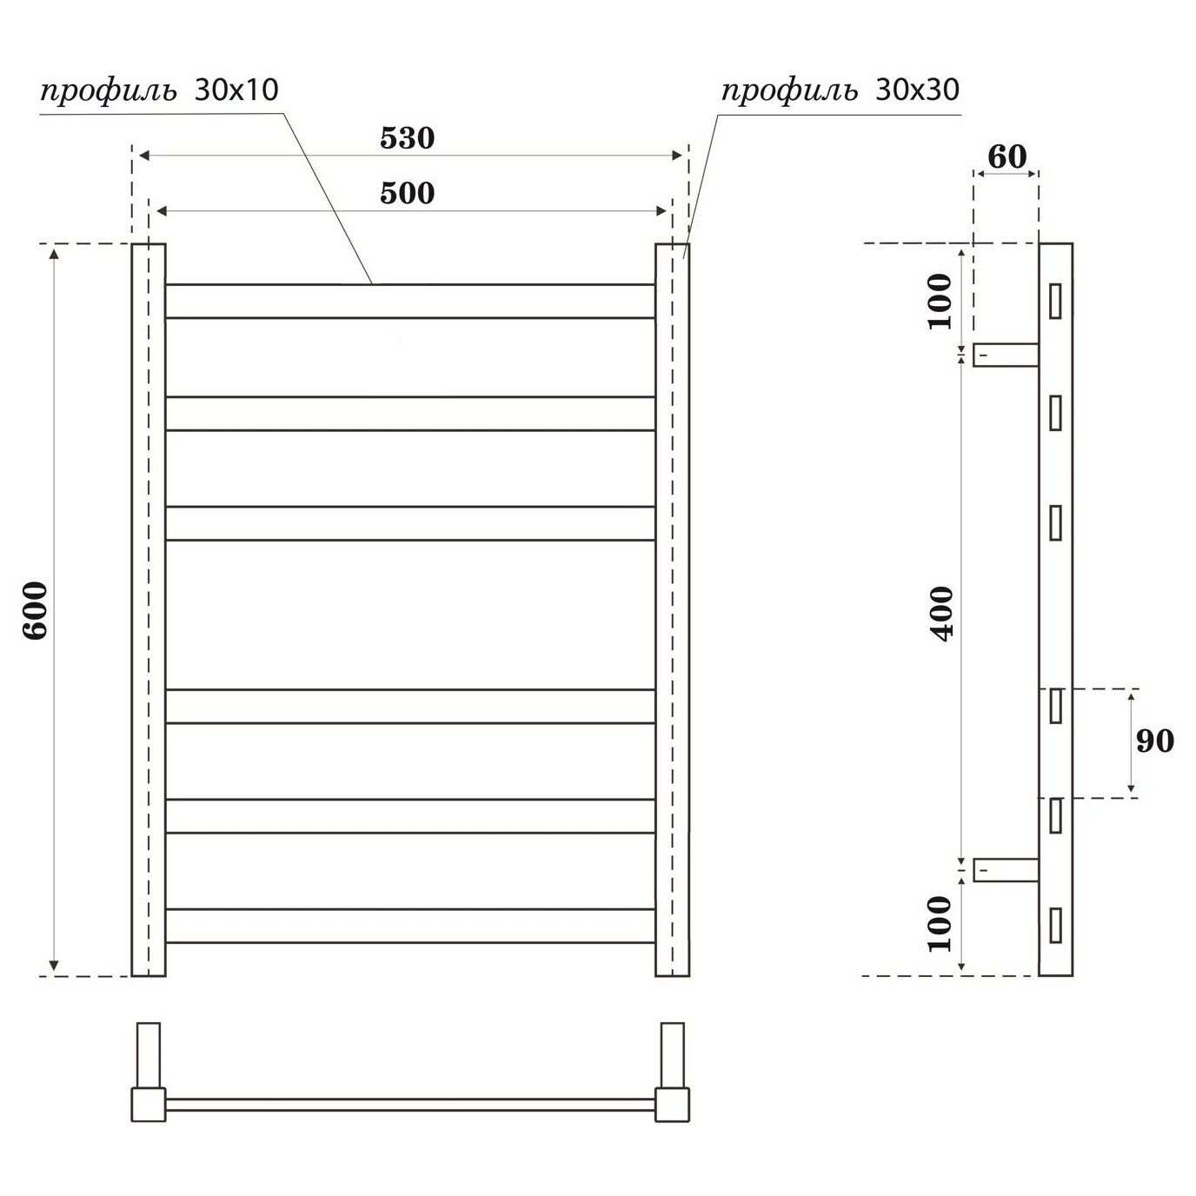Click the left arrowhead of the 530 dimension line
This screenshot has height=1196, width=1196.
coord(143,156)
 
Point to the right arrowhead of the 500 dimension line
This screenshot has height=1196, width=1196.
coord(661,211)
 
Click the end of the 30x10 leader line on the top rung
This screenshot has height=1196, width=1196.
coord(372,284)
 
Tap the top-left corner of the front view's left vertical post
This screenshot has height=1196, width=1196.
coord(131,244)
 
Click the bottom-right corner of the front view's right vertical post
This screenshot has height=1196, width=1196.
coord(689,976)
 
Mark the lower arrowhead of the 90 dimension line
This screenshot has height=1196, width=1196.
coord(1131,789)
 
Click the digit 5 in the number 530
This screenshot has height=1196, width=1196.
coord(388,138)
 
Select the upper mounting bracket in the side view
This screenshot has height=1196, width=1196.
coord(1006,355)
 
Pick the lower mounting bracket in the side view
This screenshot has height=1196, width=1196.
coord(1006,870)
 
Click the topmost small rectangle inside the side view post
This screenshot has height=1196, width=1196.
coord(1055,301)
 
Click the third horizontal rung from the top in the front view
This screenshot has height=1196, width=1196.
coord(410,523)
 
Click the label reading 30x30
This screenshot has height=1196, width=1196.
coord(917,90)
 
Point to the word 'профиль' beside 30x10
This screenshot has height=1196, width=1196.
coord(109,92)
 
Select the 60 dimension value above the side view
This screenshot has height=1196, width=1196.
coord(1007,157)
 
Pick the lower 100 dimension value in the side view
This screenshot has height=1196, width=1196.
coord(940,924)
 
